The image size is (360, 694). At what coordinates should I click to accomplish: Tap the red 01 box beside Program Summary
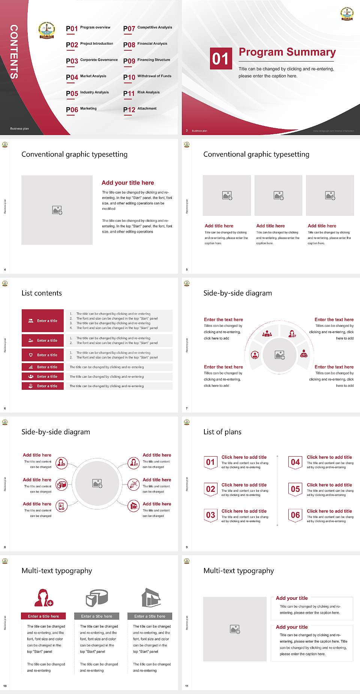click(x=220, y=59)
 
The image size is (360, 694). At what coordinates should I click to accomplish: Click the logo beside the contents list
click(x=46, y=30)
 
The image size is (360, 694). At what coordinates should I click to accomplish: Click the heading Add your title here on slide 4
click(x=127, y=183)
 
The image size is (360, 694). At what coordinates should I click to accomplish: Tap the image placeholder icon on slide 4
click(x=57, y=210)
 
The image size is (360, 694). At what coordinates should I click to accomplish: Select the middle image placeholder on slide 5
click(x=278, y=195)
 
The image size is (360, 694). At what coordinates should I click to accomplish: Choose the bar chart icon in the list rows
click(x=31, y=367)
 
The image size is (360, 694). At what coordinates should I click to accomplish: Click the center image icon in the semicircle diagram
click(x=280, y=355)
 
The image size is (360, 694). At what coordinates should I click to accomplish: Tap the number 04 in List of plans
click(x=295, y=462)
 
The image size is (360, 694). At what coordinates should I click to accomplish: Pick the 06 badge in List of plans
click(x=295, y=515)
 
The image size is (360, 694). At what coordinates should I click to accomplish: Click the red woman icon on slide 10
click(x=43, y=598)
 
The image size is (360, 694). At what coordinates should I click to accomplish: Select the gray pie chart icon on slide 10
click(x=97, y=598)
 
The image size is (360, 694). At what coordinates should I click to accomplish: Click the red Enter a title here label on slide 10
click(x=43, y=616)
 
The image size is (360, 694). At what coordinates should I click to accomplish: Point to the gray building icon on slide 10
click(x=151, y=598)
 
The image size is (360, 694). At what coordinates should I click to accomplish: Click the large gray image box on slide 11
click(x=235, y=629)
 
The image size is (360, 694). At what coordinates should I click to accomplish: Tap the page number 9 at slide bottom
click(x=187, y=547)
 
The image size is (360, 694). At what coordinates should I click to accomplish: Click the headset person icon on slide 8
click(x=133, y=463)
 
